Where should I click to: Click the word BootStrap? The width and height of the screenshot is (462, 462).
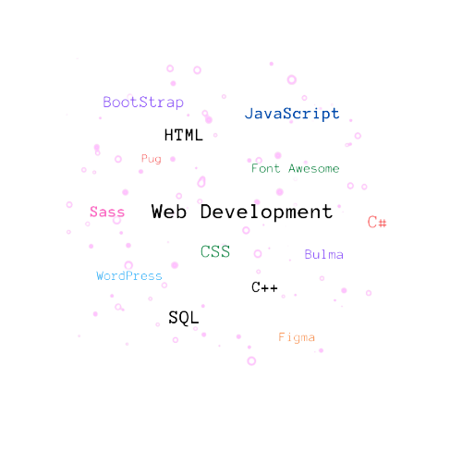point(143,103)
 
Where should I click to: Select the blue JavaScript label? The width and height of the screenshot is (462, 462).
point(292,114)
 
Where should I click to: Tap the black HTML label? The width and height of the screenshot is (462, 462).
point(184,135)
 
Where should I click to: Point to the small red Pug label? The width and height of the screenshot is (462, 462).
point(152,159)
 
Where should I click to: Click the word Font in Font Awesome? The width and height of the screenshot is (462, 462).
point(266,168)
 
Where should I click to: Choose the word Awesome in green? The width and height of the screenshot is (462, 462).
point(314,168)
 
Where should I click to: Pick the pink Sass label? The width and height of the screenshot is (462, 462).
point(107,212)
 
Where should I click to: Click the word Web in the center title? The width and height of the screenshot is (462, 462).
point(169,212)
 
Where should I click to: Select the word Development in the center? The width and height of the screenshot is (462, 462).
point(267,213)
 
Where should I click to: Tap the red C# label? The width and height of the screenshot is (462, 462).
point(377,222)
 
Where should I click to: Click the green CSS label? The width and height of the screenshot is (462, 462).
point(215,251)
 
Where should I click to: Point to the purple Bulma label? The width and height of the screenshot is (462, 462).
point(324,254)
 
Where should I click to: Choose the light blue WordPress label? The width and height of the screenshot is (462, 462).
point(129,276)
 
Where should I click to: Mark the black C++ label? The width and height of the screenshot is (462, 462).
point(264,287)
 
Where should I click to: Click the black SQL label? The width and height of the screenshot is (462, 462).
point(184,318)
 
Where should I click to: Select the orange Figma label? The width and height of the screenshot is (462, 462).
point(297,337)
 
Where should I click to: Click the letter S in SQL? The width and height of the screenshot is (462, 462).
point(174,317)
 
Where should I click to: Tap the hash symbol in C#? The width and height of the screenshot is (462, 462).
point(382,223)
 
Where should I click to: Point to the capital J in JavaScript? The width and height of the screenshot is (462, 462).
point(249,114)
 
